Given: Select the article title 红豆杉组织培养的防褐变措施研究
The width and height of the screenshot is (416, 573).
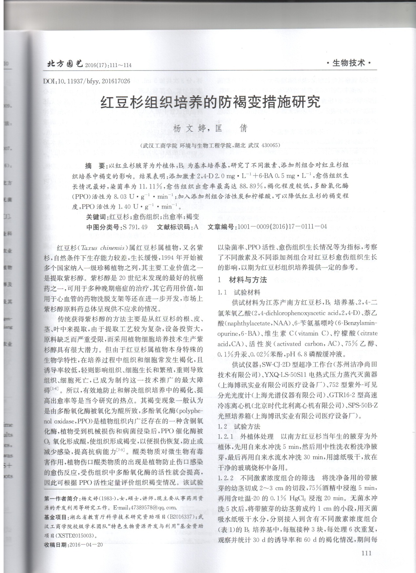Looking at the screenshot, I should click(x=210, y=103).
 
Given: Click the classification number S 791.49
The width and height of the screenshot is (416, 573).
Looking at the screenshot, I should click(x=134, y=227).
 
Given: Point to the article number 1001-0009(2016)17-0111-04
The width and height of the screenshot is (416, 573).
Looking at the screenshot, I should click(x=282, y=227).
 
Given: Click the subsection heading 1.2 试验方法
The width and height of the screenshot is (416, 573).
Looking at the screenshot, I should click(x=239, y=427).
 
